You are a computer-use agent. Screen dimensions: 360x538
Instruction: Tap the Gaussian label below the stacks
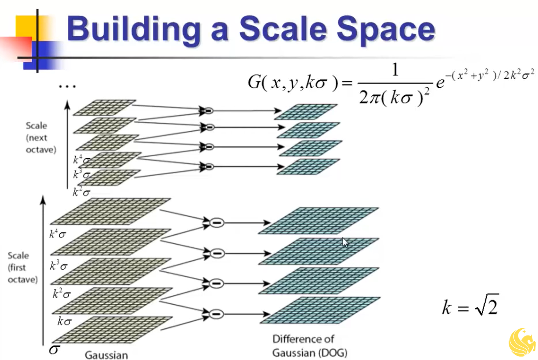[106, 355]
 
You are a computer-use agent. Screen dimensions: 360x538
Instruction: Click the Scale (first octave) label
[22, 267]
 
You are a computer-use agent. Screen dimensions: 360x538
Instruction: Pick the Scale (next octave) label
[41, 138]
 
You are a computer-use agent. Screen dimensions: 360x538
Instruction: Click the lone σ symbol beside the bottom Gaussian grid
[54, 349]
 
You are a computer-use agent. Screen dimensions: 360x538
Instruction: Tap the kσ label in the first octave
[64, 321]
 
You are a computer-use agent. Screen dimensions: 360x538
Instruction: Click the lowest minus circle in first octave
[217, 314]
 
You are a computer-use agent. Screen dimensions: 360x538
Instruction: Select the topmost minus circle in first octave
[217, 223]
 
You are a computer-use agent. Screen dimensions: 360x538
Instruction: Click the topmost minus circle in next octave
[209, 111]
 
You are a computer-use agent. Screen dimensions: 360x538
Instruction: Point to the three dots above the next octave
[67, 86]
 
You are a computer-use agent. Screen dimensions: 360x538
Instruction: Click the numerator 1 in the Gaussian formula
[395, 70]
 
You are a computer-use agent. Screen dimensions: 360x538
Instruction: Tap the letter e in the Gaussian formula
[440, 83]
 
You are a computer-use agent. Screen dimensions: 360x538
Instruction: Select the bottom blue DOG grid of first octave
[320, 310]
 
